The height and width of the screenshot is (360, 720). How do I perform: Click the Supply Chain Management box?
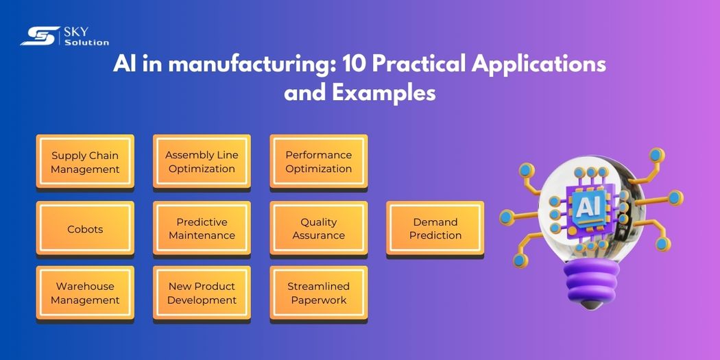pyautogui.click(x=85, y=163)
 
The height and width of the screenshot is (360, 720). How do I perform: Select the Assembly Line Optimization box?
pyautogui.click(x=202, y=162)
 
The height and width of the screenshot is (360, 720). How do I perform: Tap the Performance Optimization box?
pyautogui.click(x=318, y=162)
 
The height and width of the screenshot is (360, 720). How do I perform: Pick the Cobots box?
pyautogui.click(x=85, y=229)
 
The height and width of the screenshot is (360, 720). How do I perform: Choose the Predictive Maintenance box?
pyautogui.click(x=202, y=229)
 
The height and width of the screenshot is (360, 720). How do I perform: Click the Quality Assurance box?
pyautogui.click(x=318, y=229)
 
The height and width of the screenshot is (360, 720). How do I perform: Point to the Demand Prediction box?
pyautogui.click(x=435, y=229)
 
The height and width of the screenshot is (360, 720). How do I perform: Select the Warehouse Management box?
pyautogui.click(x=85, y=293)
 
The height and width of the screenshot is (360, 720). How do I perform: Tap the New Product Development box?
pyautogui.click(x=202, y=293)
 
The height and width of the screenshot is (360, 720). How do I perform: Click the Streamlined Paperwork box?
pyautogui.click(x=318, y=293)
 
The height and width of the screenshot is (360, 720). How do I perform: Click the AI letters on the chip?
pyautogui.click(x=588, y=205)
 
